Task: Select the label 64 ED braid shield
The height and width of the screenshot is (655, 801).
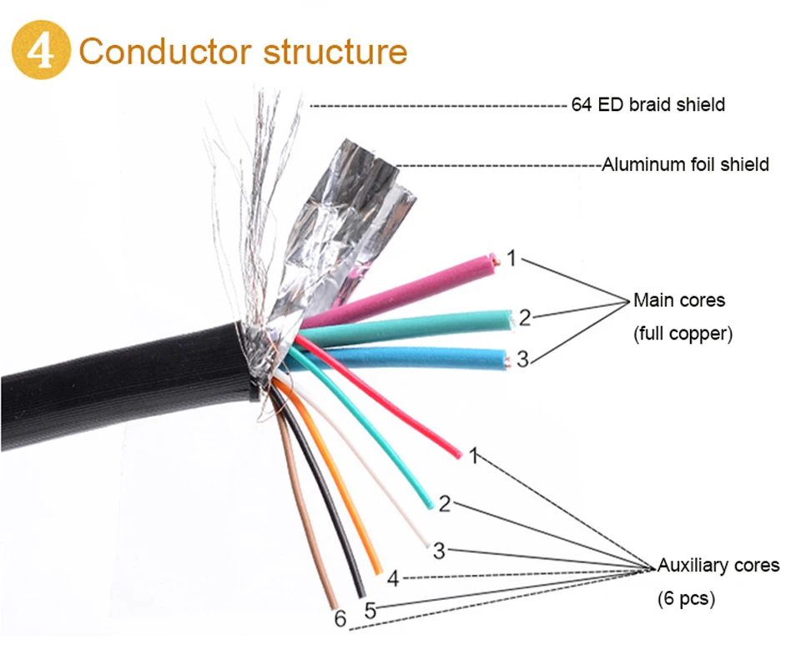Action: (x=647, y=105)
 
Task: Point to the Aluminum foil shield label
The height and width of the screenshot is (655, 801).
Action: (x=685, y=164)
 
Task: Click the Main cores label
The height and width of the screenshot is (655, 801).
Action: (x=679, y=300)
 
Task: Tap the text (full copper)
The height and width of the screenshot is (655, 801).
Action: (x=683, y=334)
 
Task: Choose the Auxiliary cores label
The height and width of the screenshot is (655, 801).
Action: (x=718, y=566)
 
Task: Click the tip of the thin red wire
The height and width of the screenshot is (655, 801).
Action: (x=458, y=455)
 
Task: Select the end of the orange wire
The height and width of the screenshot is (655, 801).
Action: (x=378, y=571)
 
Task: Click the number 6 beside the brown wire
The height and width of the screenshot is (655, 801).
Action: (x=340, y=619)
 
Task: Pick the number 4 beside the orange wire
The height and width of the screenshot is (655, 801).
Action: (x=394, y=577)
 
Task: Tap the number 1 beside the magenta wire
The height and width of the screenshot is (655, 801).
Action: (x=511, y=259)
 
